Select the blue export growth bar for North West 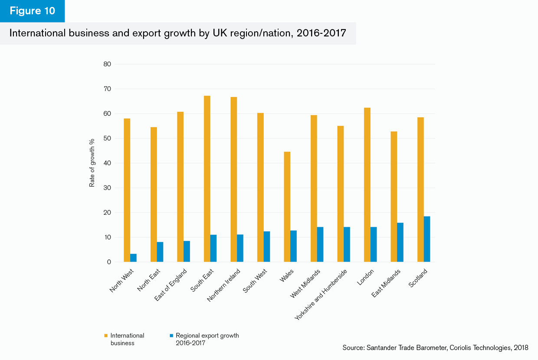coord(134,258)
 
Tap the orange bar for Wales coord(287,207)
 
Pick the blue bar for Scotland coord(427,239)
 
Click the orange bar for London coord(367,185)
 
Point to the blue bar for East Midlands coord(400,242)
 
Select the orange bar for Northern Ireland coord(233,180)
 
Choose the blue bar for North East coord(160,252)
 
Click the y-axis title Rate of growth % coord(92,163)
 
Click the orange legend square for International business coord(106,336)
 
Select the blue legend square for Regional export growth coord(172,336)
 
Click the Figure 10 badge coord(33,11)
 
